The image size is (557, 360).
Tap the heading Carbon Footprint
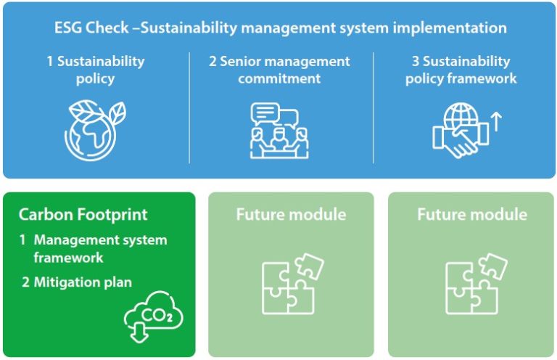click(83, 214)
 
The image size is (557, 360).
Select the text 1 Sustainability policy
click(95, 70)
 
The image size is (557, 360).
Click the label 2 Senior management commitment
click(279, 70)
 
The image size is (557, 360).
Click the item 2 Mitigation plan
click(76, 282)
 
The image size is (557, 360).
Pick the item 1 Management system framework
click(93, 248)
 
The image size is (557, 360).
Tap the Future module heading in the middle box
click(291, 214)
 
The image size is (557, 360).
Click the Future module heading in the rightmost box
click(472, 214)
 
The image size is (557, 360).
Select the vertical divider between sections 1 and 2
click(189, 107)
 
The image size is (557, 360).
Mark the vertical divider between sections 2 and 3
click(374, 107)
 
